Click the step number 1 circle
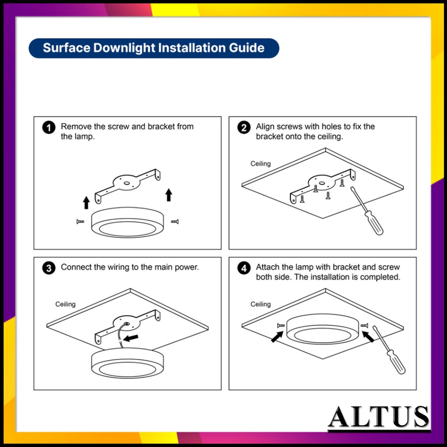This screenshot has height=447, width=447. [49, 127]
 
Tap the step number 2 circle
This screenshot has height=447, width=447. [244, 127]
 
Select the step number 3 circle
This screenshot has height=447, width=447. [49, 268]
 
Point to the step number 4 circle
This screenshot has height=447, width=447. [244, 268]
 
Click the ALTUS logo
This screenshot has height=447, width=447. [378, 417]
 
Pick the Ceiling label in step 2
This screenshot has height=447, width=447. [261, 164]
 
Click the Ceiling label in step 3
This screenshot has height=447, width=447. [65, 304]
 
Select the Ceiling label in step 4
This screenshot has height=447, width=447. [261, 304]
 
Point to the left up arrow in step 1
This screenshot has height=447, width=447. [86, 203]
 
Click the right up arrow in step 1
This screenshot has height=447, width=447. [169, 195]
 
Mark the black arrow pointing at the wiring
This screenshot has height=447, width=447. [131, 338]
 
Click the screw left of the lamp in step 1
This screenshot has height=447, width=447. [80, 221]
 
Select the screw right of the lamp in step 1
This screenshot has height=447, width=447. [175, 221]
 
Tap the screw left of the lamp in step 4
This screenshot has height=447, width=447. [281, 326]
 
